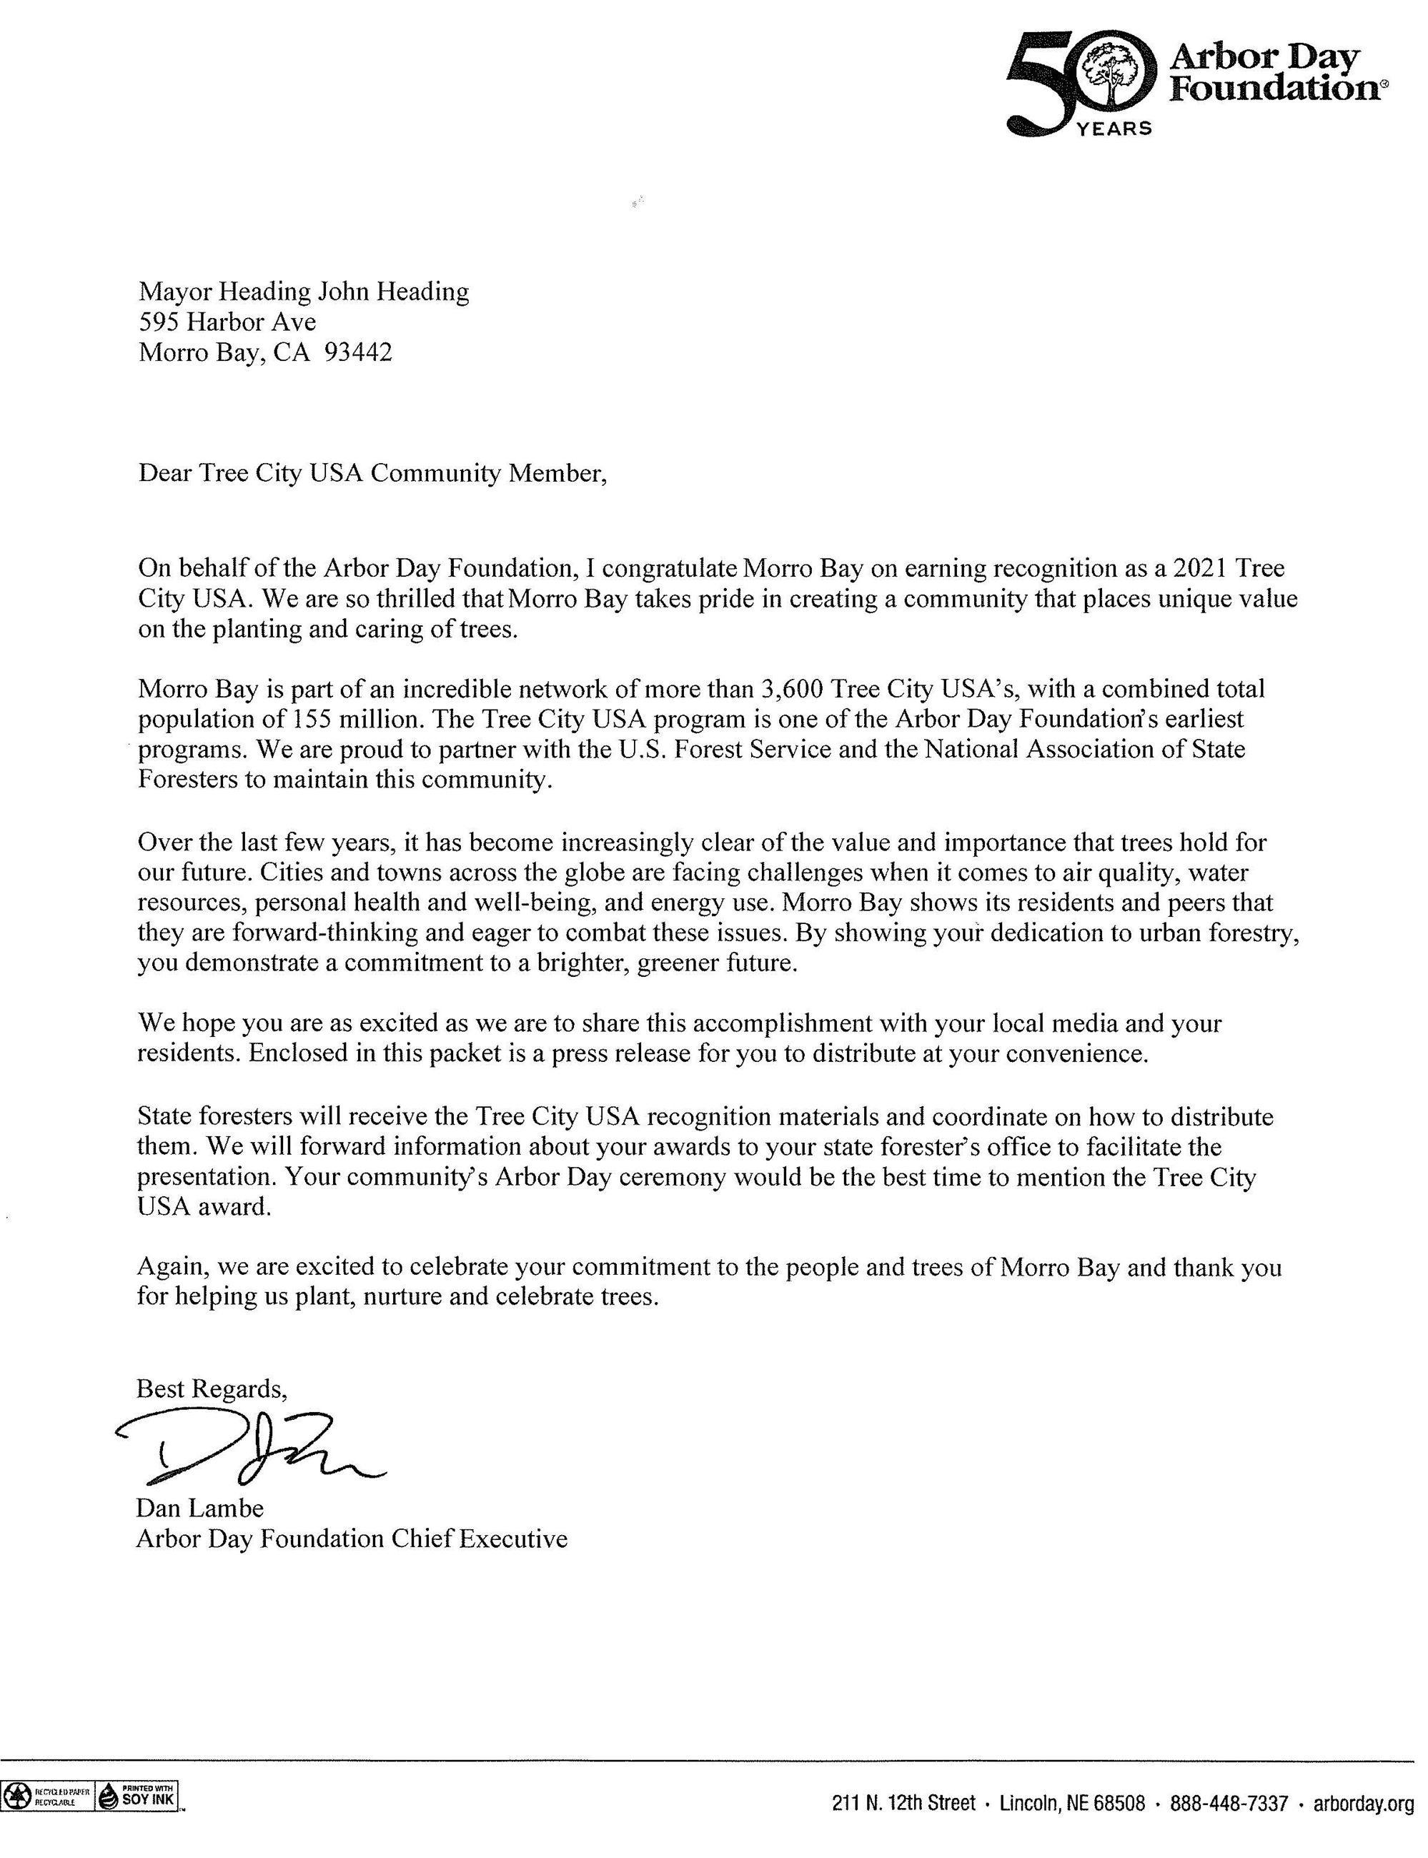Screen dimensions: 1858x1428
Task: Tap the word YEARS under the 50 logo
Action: click(x=1114, y=129)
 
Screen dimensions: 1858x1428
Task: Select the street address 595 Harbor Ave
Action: click(x=227, y=322)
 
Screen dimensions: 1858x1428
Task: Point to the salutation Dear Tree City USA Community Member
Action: click(x=372, y=472)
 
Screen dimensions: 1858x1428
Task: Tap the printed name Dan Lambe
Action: click(x=199, y=1508)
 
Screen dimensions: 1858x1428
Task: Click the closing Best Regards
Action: click(x=211, y=1388)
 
